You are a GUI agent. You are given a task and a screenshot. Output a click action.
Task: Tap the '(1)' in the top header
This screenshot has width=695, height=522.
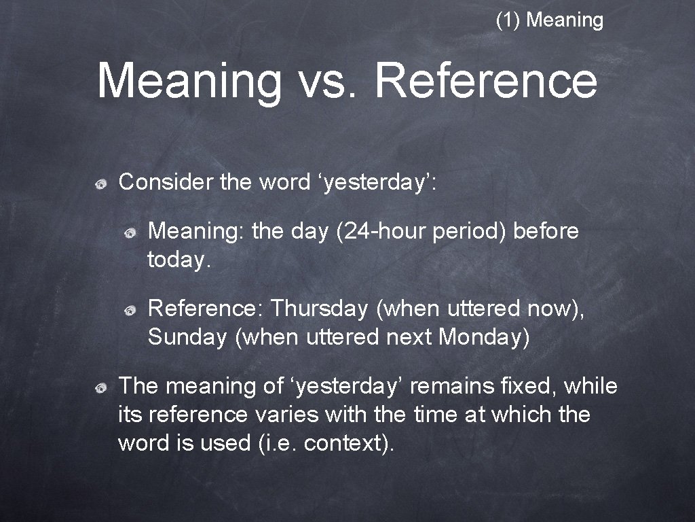[508, 20]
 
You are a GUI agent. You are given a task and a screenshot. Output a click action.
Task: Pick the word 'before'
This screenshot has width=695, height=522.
[546, 232]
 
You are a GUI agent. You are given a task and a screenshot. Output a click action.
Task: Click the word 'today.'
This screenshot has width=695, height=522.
[180, 260]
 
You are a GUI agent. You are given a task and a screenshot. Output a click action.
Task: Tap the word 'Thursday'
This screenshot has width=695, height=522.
[318, 309]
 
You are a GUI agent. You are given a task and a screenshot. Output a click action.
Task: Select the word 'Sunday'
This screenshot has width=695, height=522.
[187, 337]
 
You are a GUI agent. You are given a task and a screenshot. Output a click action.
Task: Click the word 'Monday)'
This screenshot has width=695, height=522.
[484, 337]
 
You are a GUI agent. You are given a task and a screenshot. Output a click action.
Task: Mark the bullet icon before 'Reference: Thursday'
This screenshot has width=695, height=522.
[129, 310]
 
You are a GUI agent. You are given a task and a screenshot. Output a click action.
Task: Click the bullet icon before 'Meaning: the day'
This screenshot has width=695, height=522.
[129, 233]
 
